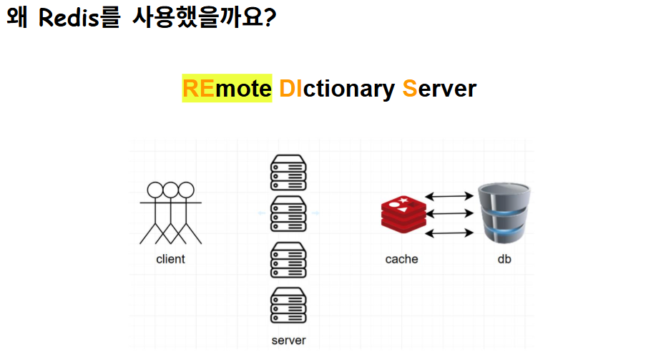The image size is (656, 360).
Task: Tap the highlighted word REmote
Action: (x=227, y=89)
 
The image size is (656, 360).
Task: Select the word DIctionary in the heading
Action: (x=336, y=89)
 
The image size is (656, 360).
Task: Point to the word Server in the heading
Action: (x=439, y=89)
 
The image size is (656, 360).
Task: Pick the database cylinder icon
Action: (x=505, y=213)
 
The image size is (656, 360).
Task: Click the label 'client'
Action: (x=170, y=259)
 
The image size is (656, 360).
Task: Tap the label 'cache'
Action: (x=401, y=259)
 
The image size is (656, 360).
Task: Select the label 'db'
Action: (x=504, y=259)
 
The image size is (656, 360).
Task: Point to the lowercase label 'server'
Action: (x=288, y=340)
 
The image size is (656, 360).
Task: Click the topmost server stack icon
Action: (x=288, y=172)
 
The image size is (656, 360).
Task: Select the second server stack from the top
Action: (x=288, y=213)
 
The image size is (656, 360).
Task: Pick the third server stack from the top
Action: (x=288, y=260)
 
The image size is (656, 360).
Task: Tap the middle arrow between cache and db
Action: (x=450, y=213)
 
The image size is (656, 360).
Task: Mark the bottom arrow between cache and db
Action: (x=450, y=233)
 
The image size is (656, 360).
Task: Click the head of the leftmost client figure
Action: (x=155, y=190)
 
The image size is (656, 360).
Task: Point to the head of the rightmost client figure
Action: (x=186, y=190)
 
